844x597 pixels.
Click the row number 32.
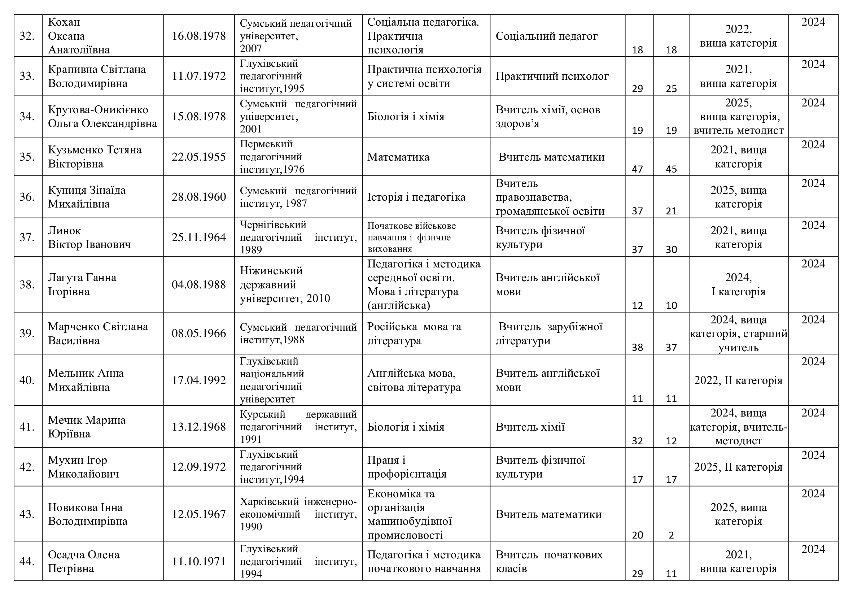(x=27, y=36)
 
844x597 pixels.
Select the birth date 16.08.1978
(x=198, y=36)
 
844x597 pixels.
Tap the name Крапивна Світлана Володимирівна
(x=97, y=76)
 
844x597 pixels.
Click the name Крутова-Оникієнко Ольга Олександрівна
(x=102, y=116)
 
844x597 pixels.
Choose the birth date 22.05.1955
(x=198, y=157)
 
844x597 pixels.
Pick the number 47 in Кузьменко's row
(x=637, y=169)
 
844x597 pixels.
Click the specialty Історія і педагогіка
(x=416, y=197)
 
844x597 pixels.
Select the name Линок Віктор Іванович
(x=89, y=237)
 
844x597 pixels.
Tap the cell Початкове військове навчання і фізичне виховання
(x=411, y=237)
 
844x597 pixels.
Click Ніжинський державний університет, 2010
(x=285, y=284)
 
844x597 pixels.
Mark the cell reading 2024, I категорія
(x=738, y=284)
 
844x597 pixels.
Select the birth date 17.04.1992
(x=198, y=380)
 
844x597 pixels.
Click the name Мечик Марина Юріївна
(x=87, y=426)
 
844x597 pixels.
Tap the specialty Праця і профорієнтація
(x=407, y=466)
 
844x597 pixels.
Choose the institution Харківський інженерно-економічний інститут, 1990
(x=298, y=514)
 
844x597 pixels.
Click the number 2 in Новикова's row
(x=671, y=535)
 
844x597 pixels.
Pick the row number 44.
(x=27, y=561)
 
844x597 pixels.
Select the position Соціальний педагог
(x=547, y=36)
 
